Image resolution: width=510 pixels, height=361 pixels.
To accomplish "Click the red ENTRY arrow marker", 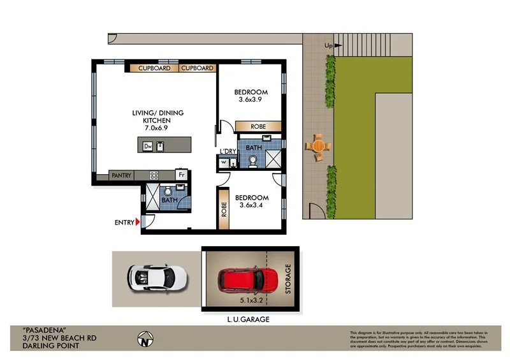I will [138, 223].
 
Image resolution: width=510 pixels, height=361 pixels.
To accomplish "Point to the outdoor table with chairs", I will [317, 146].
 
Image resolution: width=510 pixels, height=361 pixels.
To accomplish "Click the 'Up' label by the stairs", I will [328, 45].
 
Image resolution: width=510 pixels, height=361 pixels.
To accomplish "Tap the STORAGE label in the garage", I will [288, 278].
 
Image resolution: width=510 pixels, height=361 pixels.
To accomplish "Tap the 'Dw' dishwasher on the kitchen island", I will [147, 146].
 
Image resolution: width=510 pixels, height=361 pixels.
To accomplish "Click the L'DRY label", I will [228, 151].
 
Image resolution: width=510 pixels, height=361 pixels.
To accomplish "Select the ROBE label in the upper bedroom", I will [258, 126].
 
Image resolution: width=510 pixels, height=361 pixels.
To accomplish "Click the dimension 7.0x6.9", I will [157, 128].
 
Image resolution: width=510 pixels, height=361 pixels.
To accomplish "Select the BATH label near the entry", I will [169, 200].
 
